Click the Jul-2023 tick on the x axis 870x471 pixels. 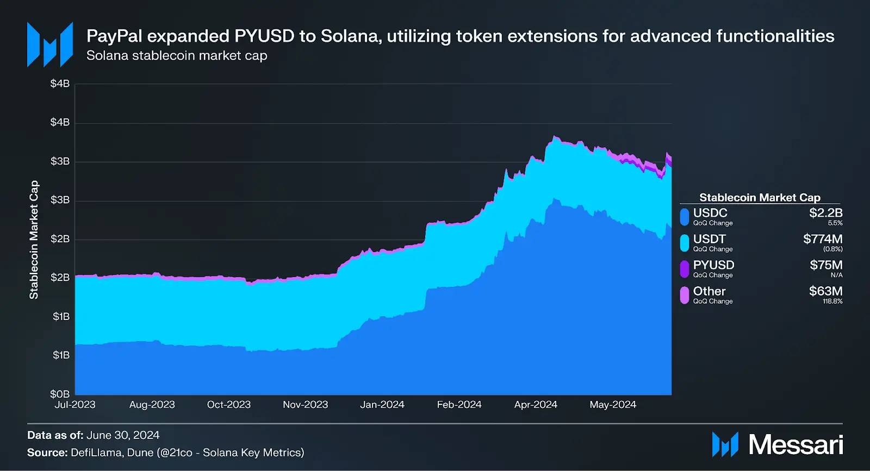(75, 405)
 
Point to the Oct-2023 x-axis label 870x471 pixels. (229, 405)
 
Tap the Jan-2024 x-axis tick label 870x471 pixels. (382, 405)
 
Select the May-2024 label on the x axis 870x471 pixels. (613, 405)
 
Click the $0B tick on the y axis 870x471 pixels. (60, 394)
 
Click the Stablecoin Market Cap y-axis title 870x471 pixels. (34, 240)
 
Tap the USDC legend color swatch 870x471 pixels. (685, 217)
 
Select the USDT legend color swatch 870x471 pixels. (685, 243)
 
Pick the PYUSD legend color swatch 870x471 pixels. (685, 269)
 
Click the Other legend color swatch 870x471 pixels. (685, 295)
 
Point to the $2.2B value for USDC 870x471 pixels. (826, 212)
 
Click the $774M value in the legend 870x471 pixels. (823, 238)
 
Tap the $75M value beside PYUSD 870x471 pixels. (826, 265)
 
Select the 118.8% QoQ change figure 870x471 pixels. (832, 301)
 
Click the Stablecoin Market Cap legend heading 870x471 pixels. (760, 198)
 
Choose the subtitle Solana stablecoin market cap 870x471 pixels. (177, 55)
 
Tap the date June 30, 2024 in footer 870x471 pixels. (123, 435)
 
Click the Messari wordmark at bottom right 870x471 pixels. (796, 444)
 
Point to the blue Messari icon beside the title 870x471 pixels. (50, 45)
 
